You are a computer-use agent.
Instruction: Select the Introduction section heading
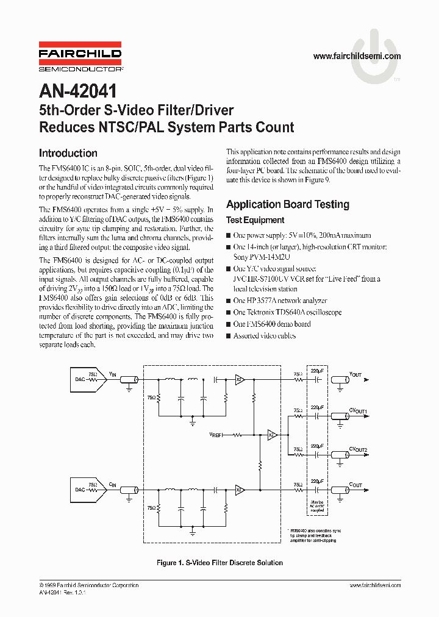68,154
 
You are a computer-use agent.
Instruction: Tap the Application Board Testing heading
287,204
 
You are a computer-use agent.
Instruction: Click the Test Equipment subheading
255,220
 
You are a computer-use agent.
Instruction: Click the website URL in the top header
357,56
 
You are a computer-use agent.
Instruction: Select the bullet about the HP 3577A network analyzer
280,301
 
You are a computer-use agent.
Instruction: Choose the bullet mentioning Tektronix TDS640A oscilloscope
287,312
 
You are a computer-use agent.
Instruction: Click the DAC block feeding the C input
80,490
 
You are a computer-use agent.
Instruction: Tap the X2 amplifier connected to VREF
273,435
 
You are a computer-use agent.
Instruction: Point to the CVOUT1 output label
358,412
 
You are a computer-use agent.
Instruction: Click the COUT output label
355,485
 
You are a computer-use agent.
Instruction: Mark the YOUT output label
355,375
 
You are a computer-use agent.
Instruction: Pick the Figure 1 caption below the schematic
220,563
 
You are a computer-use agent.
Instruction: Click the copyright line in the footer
89,585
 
